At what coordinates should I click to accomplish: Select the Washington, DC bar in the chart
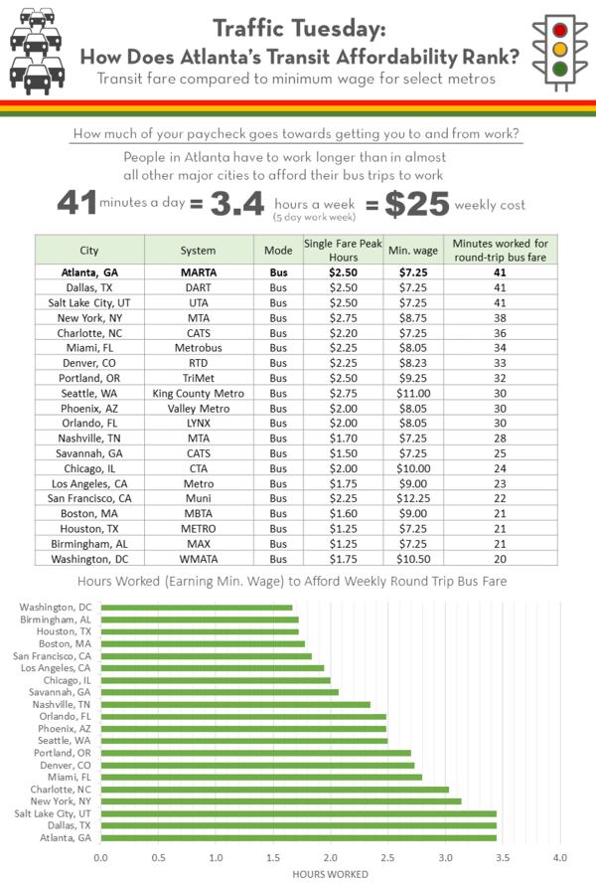point(196,608)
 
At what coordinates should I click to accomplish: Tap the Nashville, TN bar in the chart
point(234,704)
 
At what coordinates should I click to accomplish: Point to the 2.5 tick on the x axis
point(387,856)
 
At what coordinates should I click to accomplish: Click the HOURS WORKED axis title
point(330,874)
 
